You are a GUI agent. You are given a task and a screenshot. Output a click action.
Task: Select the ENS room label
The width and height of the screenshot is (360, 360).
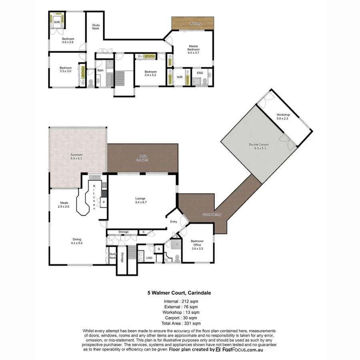click(x=200, y=73)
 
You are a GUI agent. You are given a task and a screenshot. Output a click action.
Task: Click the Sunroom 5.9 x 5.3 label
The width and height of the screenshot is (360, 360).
click(x=77, y=156)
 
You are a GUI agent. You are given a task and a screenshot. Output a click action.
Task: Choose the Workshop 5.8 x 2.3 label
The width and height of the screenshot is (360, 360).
click(x=284, y=116)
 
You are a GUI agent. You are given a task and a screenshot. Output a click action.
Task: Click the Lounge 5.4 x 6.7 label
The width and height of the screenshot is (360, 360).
click(x=140, y=200)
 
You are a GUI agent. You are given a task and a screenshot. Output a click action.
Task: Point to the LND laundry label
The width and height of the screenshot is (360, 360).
click(x=149, y=258)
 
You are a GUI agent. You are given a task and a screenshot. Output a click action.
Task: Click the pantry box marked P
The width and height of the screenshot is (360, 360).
click(x=104, y=202)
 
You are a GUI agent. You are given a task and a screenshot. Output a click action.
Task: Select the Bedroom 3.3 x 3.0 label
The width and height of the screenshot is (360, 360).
click(x=65, y=70)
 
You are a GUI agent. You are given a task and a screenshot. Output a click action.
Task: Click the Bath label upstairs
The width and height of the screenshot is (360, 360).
click(x=100, y=70)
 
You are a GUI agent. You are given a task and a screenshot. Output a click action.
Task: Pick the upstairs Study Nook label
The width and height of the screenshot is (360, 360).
click(x=96, y=27)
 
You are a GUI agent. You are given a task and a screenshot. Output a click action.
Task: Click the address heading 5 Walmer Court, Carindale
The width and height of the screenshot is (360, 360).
click(x=180, y=293)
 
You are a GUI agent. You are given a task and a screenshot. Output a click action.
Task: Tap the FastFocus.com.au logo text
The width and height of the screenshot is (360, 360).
click(x=240, y=349)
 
